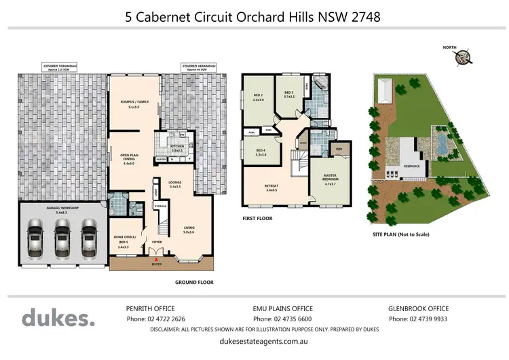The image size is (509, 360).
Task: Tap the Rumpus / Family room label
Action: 129,103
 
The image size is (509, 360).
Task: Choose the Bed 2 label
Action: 259,97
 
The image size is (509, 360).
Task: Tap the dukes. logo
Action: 58,318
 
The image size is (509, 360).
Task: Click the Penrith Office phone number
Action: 155,319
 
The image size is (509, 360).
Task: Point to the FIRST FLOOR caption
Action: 257,219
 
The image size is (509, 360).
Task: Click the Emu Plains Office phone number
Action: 282,319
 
